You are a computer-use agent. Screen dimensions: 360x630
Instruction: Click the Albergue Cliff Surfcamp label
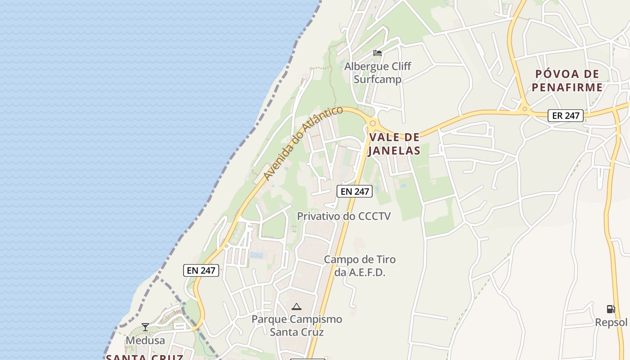(377, 72)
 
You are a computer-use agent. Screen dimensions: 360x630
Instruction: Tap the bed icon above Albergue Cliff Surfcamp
(378, 53)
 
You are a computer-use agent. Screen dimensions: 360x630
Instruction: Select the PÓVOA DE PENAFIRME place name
(567, 81)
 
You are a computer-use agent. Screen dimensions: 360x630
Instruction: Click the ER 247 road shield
(566, 116)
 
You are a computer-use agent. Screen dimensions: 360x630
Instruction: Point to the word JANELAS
(394, 151)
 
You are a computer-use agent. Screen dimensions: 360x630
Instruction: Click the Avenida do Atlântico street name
(303, 143)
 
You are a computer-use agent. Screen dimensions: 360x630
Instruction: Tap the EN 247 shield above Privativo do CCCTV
(355, 191)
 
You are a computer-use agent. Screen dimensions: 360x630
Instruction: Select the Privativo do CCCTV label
(344, 216)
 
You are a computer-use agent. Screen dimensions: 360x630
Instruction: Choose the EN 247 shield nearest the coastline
(201, 270)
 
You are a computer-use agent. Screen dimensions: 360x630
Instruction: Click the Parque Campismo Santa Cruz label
(297, 326)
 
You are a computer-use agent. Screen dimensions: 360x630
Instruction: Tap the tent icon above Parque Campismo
(296, 307)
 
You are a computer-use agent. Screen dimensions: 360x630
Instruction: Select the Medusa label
(145, 341)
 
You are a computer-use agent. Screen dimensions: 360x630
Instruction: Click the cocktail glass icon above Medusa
(145, 327)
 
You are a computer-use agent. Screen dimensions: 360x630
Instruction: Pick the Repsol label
(611, 323)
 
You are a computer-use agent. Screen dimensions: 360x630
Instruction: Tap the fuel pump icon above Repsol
(611, 309)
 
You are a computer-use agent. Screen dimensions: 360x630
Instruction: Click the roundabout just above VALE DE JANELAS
(373, 123)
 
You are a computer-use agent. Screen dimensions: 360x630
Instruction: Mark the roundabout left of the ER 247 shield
(525, 109)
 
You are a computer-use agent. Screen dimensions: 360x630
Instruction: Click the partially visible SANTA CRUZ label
(144, 357)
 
